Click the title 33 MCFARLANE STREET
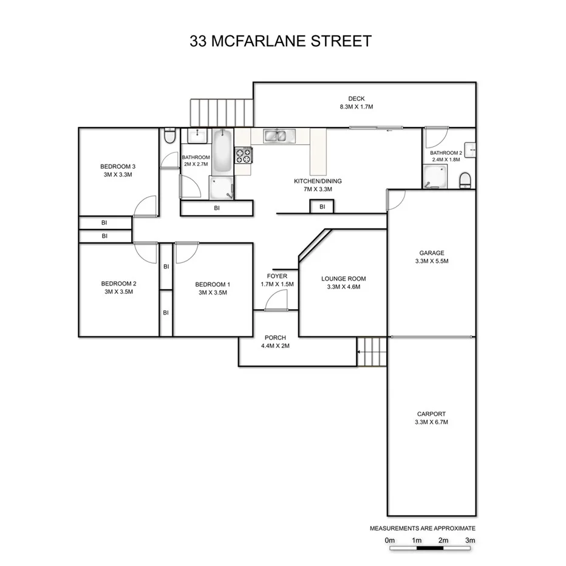click(x=281, y=41)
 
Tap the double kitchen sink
click(x=278, y=136)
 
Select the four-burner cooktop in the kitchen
click(x=244, y=156)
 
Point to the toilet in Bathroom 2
click(x=465, y=180)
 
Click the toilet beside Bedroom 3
click(x=169, y=136)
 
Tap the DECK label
click(x=356, y=99)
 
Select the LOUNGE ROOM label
click(x=343, y=279)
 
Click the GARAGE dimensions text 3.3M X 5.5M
click(x=431, y=261)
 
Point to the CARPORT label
click(x=431, y=414)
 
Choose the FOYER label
click(x=277, y=276)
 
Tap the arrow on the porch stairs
click(x=361, y=352)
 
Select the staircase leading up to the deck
click(x=221, y=113)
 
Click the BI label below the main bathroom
click(x=217, y=208)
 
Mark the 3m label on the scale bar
click(x=469, y=540)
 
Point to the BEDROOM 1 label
click(x=213, y=284)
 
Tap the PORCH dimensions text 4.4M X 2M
click(x=275, y=346)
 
